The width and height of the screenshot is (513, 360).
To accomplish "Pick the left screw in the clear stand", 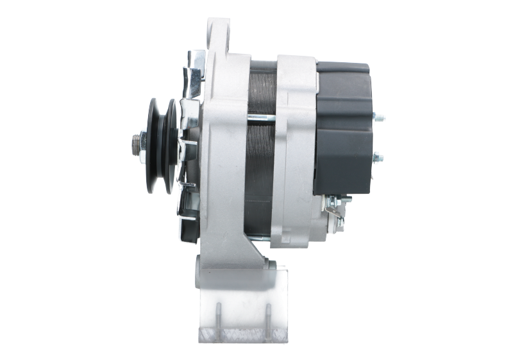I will pyautogui.click(x=219, y=314).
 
